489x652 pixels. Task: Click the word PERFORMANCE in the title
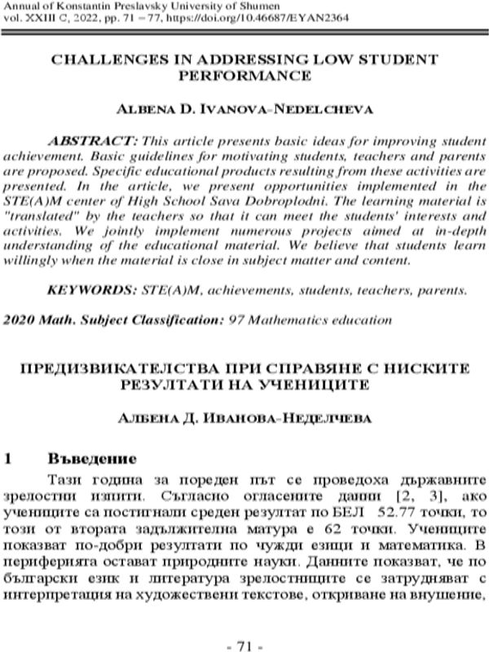[244, 76]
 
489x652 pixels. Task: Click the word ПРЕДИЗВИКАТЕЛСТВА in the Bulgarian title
[134, 369]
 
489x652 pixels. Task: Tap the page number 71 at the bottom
[244, 645]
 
